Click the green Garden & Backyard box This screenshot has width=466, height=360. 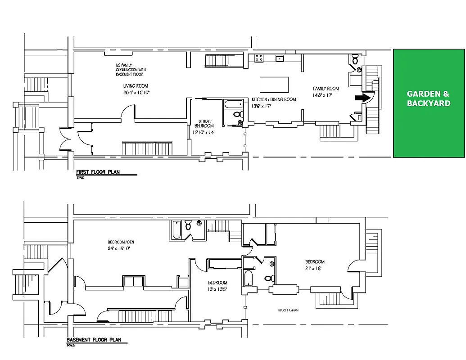click(429, 103)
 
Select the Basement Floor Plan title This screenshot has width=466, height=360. click(94, 340)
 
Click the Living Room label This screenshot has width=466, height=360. click(136, 86)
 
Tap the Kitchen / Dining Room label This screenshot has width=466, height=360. click(274, 99)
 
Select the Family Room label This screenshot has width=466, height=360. click(326, 89)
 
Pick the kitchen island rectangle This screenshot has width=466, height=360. click(274, 84)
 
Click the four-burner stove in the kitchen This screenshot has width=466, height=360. click(259, 58)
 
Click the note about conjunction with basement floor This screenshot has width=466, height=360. click(131, 70)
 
